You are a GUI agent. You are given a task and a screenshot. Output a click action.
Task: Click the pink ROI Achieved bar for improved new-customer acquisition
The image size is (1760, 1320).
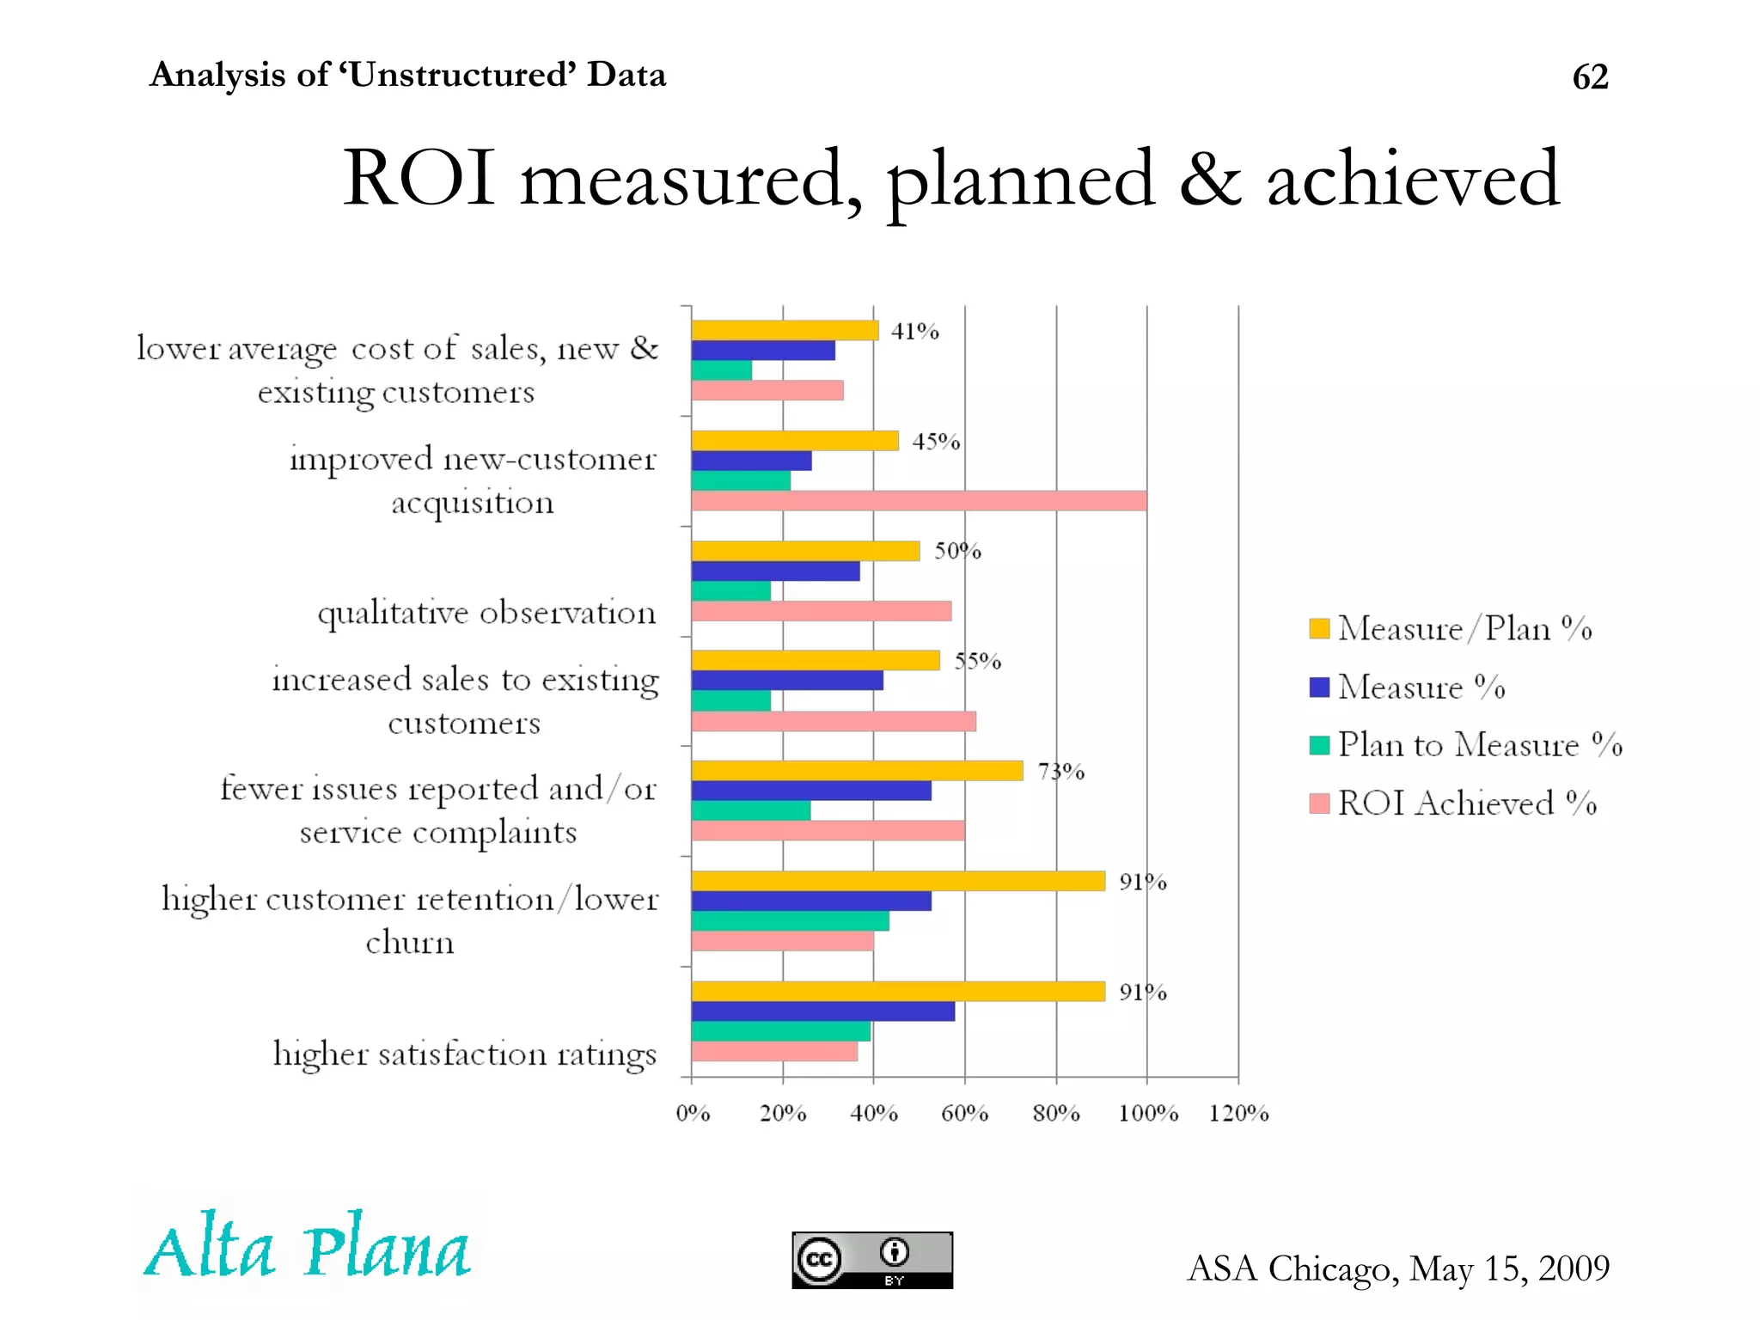[x=919, y=501]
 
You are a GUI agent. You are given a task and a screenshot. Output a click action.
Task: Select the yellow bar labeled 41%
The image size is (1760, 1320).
[x=785, y=330]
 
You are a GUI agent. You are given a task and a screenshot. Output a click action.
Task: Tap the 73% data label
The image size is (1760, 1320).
[x=1060, y=771]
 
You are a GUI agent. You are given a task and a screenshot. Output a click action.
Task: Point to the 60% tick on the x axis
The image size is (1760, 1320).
[x=964, y=1113]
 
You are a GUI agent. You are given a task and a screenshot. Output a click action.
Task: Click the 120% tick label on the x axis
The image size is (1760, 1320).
[x=1238, y=1113]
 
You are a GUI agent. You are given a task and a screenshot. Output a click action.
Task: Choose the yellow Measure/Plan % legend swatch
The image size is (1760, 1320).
[x=1319, y=628]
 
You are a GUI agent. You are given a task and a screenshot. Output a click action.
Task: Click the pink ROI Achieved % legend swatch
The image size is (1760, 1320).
[x=1319, y=804]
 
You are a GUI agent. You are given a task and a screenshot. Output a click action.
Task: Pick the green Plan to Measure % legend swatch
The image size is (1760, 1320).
[x=1319, y=744]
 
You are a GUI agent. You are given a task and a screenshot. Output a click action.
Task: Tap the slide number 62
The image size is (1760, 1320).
[x=1590, y=77]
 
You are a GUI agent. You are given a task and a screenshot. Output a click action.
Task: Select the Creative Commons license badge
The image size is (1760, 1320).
[x=872, y=1260]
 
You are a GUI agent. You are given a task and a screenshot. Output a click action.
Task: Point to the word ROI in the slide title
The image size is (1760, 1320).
[x=419, y=178]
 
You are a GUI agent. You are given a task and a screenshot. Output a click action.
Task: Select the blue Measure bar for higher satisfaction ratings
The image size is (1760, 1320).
[x=822, y=1011]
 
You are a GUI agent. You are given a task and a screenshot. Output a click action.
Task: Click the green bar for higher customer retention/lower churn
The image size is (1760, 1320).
[x=790, y=921]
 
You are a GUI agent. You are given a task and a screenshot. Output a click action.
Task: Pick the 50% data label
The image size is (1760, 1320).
[x=957, y=551]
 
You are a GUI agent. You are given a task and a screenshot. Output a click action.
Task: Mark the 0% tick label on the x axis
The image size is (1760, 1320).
[x=693, y=1113]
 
